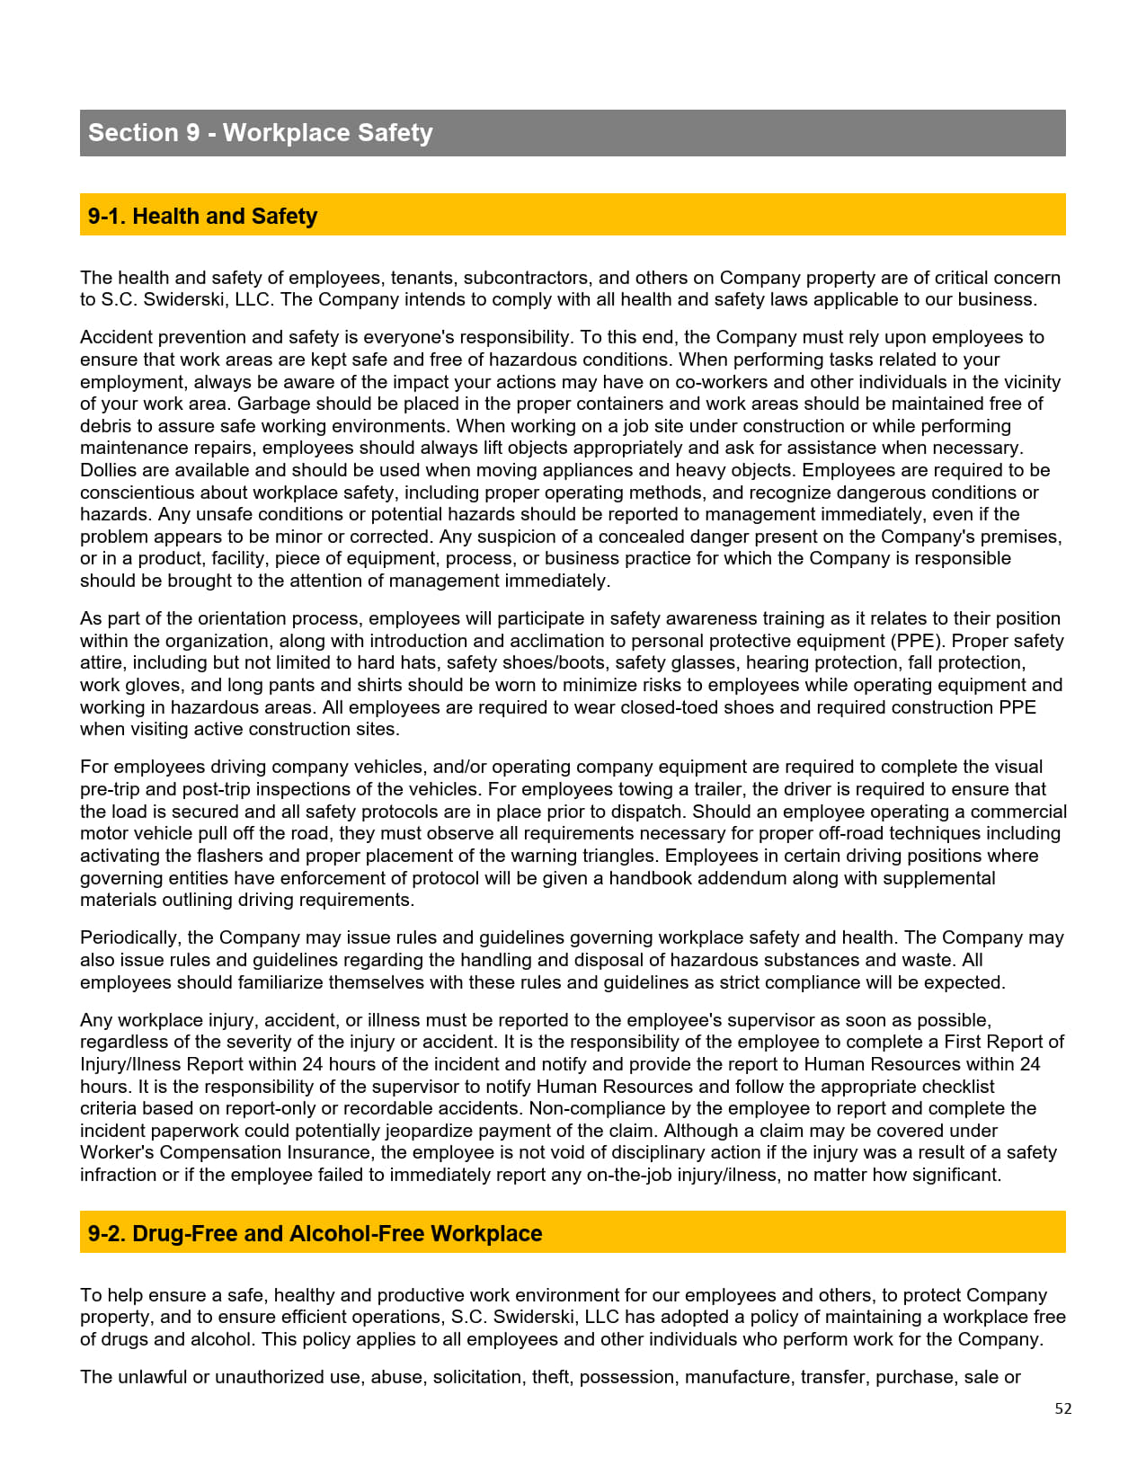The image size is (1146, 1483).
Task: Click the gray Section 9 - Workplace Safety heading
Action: tap(261, 133)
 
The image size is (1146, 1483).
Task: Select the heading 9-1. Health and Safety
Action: tap(202, 217)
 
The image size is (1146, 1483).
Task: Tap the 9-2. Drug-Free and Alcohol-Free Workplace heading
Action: tap(315, 1233)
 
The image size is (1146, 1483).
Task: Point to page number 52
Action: tap(1063, 1408)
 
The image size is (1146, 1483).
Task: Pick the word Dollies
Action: tap(110, 470)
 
